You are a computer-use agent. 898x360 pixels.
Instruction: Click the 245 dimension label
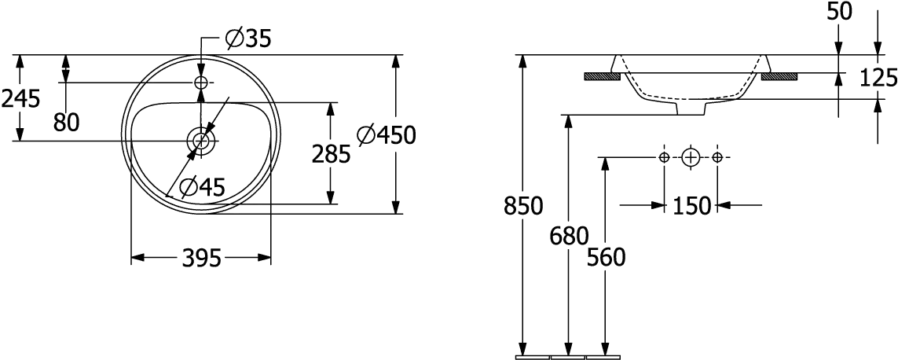[21, 99]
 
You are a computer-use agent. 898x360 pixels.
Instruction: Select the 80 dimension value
[67, 122]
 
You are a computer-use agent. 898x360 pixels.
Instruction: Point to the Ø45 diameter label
[202, 186]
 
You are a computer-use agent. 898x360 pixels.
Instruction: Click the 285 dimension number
[331, 155]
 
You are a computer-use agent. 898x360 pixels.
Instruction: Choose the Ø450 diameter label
[386, 136]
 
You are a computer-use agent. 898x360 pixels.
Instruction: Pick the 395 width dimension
[200, 257]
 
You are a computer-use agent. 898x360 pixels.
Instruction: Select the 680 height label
[568, 235]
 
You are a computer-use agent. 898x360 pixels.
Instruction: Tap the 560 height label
[605, 257]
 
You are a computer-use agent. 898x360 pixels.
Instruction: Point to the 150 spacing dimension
[691, 206]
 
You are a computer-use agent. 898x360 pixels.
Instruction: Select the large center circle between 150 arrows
[691, 158]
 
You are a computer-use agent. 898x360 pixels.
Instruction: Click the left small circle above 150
[665, 158]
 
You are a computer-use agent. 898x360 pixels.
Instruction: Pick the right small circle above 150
[717, 158]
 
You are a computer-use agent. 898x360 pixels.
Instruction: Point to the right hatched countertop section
[779, 76]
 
